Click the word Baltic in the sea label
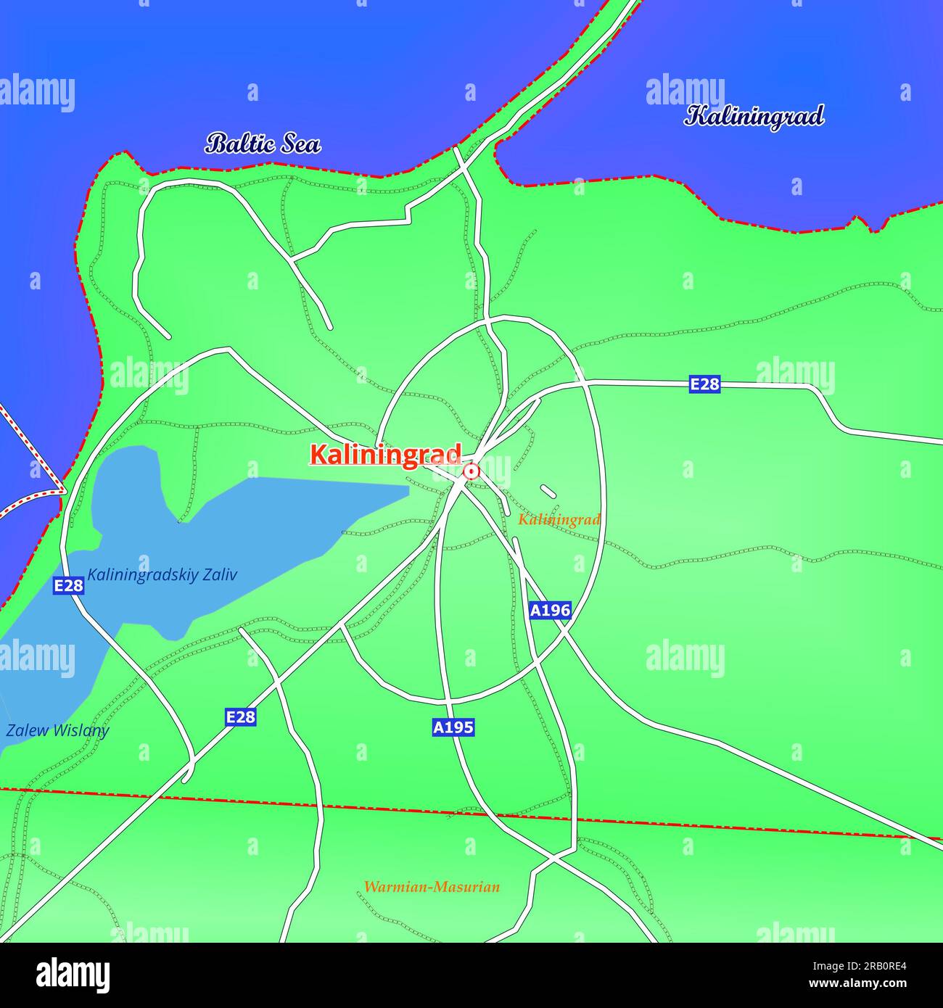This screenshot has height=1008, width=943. (238, 144)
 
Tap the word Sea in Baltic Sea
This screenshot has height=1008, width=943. (296, 144)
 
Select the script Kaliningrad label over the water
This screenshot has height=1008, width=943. (754, 116)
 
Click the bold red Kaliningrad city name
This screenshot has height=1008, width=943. (385, 455)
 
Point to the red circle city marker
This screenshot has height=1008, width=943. (471, 472)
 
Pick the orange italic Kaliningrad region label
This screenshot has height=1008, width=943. (559, 520)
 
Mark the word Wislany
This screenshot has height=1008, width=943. (80, 730)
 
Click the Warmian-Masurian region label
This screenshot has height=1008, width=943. (432, 887)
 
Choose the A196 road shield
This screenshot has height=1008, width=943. (550, 611)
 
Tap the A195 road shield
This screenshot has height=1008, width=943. (453, 727)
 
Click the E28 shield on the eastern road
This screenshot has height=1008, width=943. (704, 384)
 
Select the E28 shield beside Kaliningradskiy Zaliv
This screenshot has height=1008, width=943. (68, 585)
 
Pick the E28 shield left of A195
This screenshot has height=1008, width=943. (240, 717)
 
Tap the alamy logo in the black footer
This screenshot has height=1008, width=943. (73, 975)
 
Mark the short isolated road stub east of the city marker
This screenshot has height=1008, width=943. (548, 491)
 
